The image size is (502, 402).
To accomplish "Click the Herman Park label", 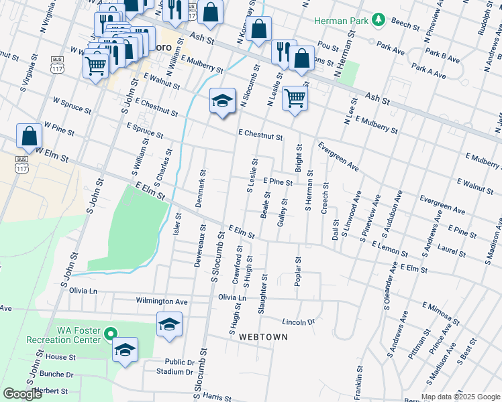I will pyautogui.click(x=342, y=20).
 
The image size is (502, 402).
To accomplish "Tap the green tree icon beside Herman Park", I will pyautogui.click(x=378, y=20).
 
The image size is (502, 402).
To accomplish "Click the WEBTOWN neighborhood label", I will pyautogui.click(x=263, y=337).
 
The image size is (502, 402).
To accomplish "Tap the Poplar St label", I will pyautogui.click(x=297, y=271).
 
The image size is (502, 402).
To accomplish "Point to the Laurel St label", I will pyautogui.click(x=452, y=251).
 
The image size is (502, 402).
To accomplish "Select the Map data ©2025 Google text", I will pyautogui.click(x=460, y=396).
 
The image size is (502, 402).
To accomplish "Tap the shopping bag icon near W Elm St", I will pyautogui.click(x=30, y=137).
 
